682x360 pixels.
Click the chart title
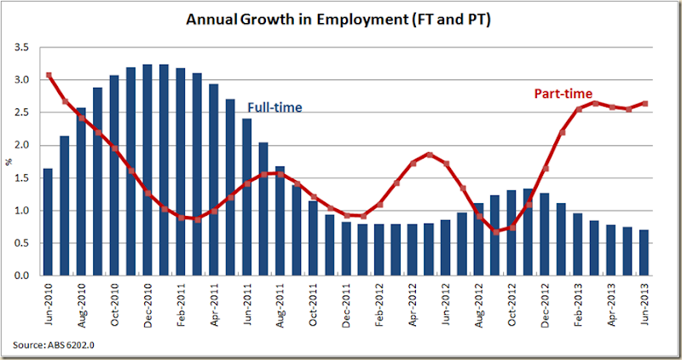tap(341, 18)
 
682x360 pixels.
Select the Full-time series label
tap(275, 107)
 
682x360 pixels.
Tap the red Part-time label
tap(563, 93)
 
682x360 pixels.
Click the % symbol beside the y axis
tap(10, 162)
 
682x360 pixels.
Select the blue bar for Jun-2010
tap(48, 222)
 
